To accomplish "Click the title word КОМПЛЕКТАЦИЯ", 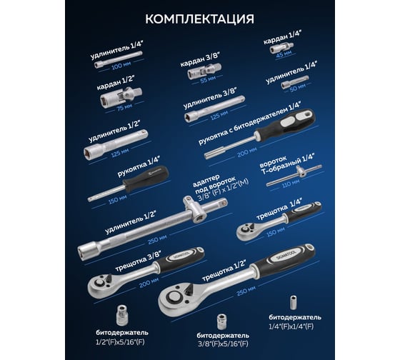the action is [200, 19].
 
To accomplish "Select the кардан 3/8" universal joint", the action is [204, 71].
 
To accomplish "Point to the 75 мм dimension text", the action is [124, 107].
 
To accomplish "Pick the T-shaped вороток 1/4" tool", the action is [294, 175].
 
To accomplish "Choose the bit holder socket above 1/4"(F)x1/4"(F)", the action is [294, 303].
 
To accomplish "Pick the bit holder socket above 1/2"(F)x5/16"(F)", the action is [122, 315].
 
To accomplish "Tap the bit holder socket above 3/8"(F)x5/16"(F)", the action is [221, 321].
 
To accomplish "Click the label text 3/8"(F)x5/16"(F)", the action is [223, 344].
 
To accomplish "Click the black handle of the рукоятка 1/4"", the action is [146, 179].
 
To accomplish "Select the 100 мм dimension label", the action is [121, 66].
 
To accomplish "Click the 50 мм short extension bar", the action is [295, 81].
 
